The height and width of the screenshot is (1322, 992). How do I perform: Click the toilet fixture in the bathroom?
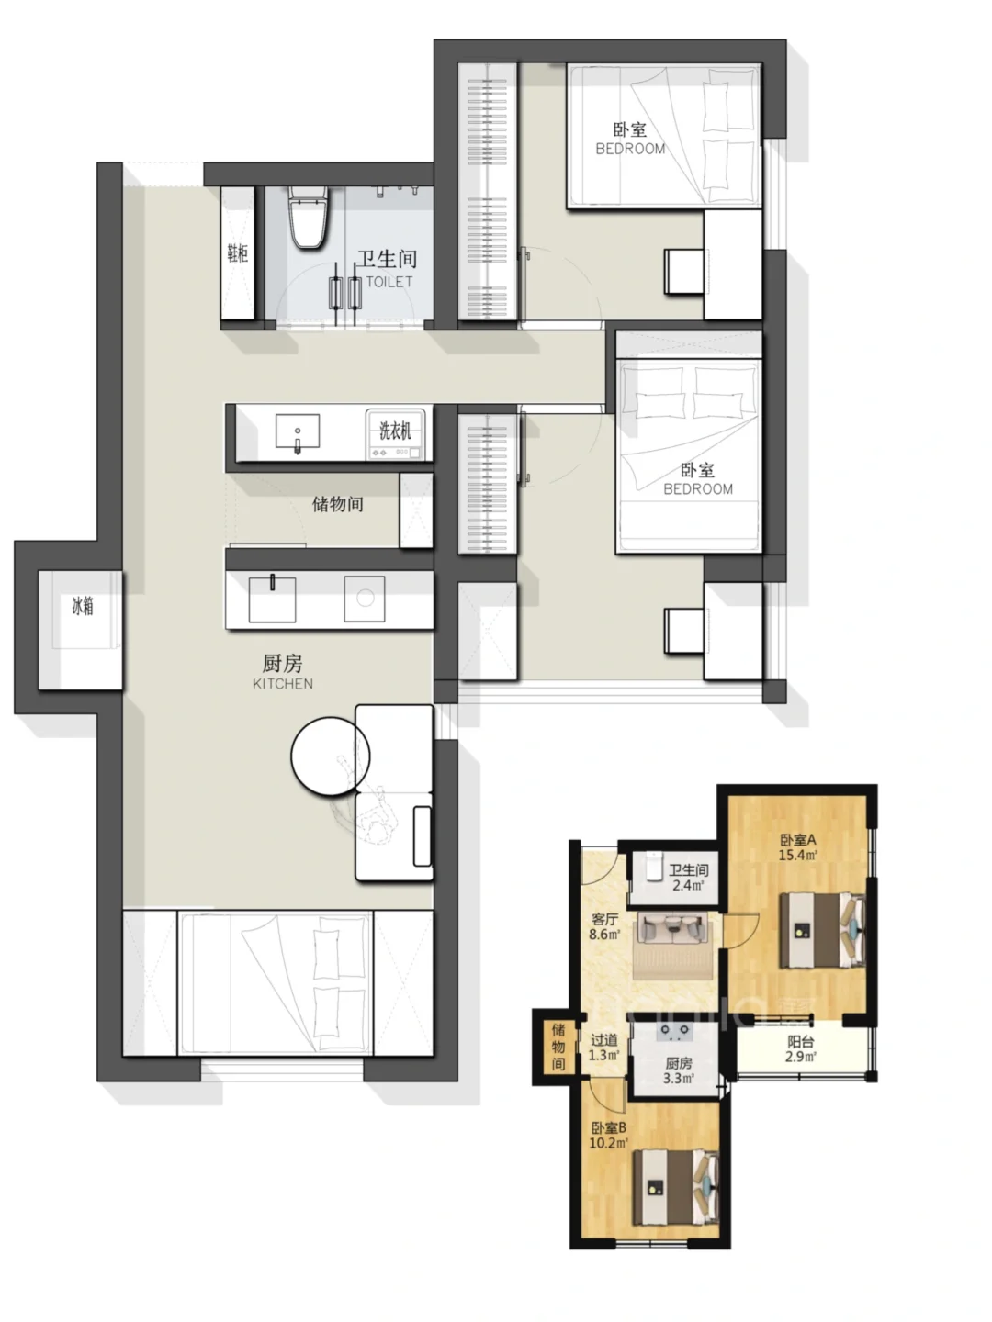(307, 217)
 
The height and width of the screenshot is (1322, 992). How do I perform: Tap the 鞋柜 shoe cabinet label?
(237, 253)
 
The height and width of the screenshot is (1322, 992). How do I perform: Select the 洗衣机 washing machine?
(395, 434)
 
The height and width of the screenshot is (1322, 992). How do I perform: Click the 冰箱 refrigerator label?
(83, 606)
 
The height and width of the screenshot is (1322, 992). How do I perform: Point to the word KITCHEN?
(283, 684)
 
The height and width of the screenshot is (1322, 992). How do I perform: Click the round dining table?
(330, 756)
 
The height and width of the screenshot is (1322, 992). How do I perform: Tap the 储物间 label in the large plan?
(338, 503)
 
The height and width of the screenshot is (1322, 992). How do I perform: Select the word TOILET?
(389, 282)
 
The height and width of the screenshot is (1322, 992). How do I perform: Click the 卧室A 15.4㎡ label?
(798, 846)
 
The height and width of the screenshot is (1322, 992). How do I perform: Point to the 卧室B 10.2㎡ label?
(608, 1135)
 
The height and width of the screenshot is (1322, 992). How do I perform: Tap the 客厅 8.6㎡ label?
(604, 927)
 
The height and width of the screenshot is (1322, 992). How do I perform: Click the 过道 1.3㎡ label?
(603, 1048)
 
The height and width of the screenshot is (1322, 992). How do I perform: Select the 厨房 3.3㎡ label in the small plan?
(678, 1070)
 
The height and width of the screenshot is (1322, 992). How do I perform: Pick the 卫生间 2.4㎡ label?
(689, 878)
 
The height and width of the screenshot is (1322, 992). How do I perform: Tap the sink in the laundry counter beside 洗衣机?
(298, 431)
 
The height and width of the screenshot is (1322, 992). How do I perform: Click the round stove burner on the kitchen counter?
(365, 598)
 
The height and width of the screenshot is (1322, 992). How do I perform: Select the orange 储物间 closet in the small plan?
(558, 1047)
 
